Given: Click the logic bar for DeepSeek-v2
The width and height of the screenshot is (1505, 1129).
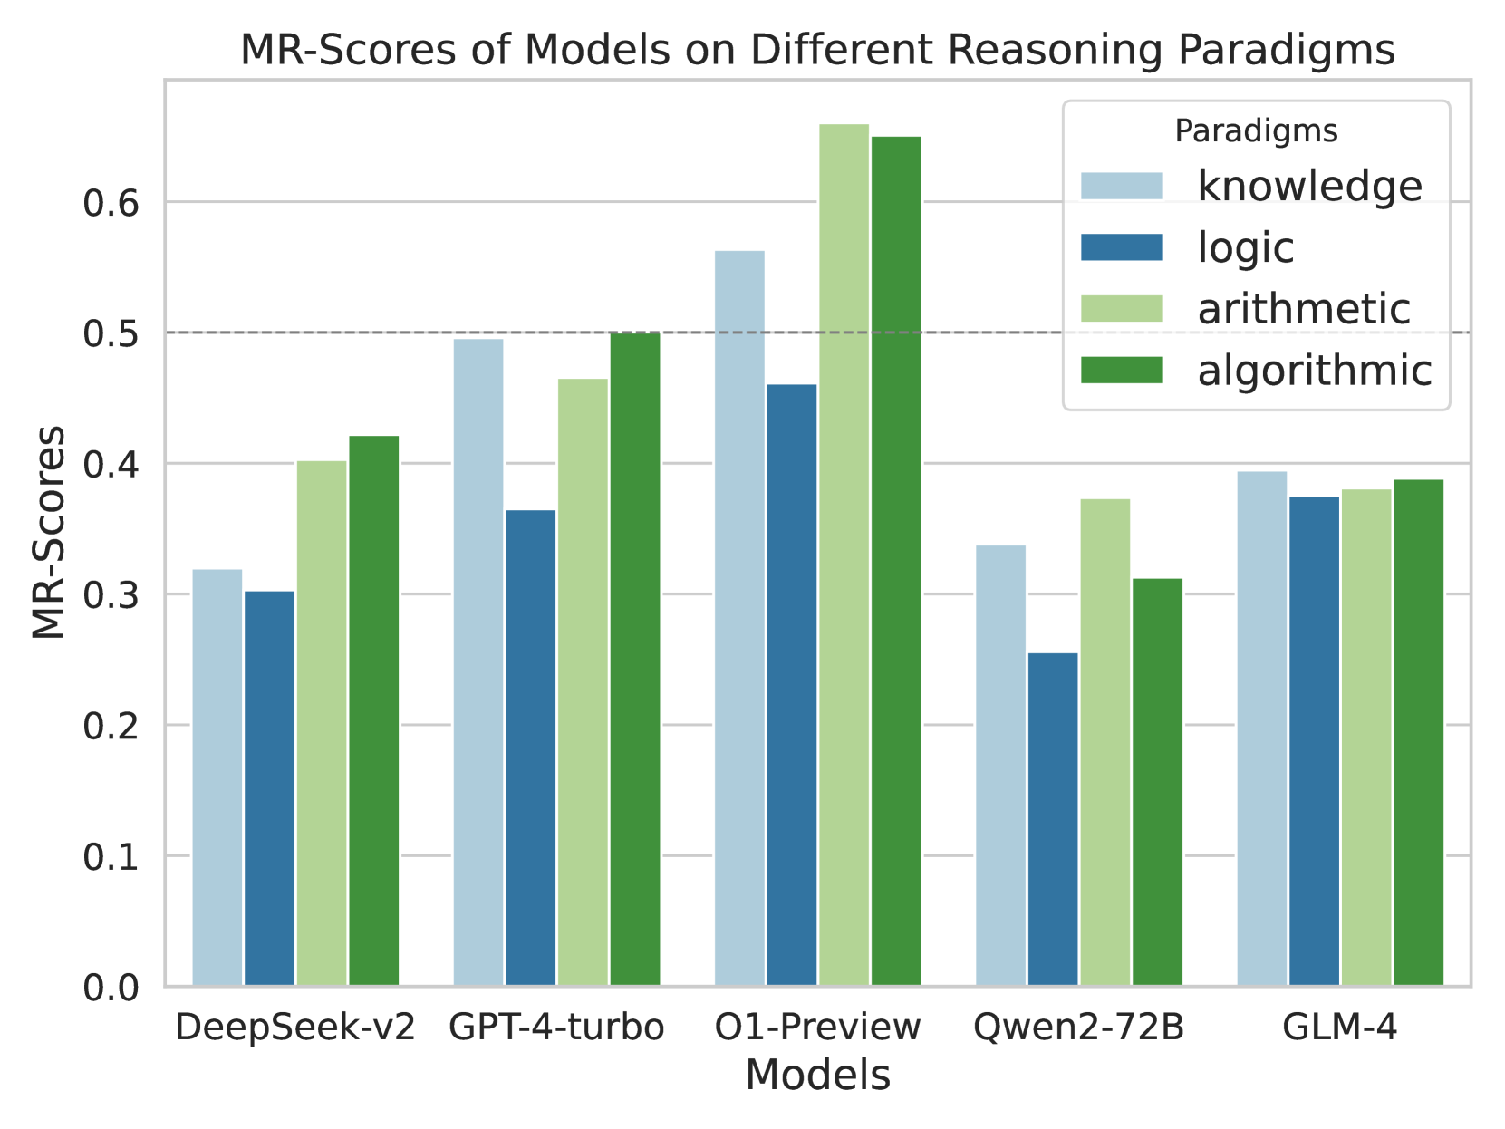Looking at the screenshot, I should (x=269, y=788).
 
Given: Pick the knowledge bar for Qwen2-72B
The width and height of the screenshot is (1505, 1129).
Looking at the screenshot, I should (x=1000, y=765).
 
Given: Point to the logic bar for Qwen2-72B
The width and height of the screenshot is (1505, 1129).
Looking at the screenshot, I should (x=1053, y=819).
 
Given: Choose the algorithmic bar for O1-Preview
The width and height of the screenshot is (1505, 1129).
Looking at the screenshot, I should (x=896, y=561).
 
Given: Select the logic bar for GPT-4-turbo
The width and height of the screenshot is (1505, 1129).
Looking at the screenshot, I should (x=530, y=748).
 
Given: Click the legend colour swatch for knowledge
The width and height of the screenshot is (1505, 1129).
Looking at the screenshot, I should (x=1121, y=186).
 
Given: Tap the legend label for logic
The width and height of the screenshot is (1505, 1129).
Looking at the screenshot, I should (x=1245, y=247).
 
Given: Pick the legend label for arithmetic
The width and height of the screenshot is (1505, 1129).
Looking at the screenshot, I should (x=1303, y=309).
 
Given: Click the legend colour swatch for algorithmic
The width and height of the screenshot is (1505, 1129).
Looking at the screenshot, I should (x=1121, y=371).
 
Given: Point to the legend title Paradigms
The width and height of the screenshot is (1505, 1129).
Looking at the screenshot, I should (x=1256, y=131).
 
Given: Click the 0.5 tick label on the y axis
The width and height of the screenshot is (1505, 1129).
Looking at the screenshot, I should (x=111, y=333).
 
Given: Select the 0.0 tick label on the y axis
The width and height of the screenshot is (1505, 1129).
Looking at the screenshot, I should (x=111, y=987).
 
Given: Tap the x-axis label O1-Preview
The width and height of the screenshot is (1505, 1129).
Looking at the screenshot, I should (x=817, y=1028).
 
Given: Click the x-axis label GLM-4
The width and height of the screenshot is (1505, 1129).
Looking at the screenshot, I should (x=1339, y=1028).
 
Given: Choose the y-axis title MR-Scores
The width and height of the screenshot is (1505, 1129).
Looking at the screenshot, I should (x=48, y=532).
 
